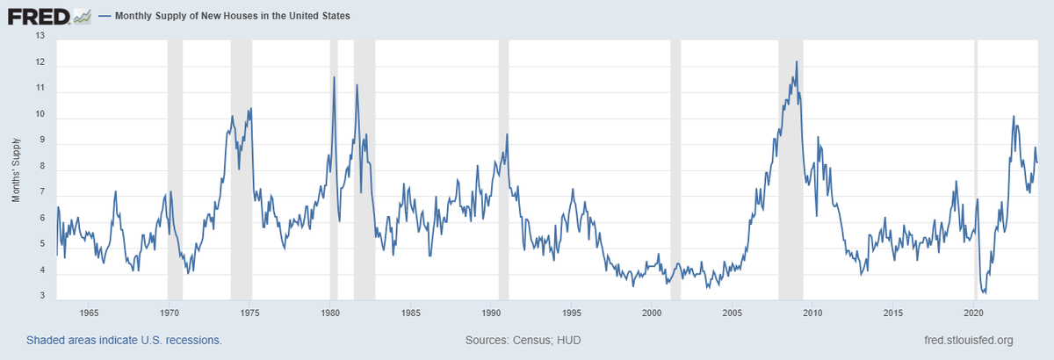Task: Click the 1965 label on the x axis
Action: pyautogui.click(x=88, y=313)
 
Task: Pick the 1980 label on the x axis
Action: pyautogui.click(x=329, y=313)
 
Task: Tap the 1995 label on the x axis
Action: pyautogui.click(x=571, y=313)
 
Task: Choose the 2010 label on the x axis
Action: pyautogui.click(x=812, y=313)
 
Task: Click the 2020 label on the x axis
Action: pyautogui.click(x=973, y=313)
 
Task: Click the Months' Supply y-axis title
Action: pyautogui.click(x=16, y=169)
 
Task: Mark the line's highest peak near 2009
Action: pyautogui.click(x=797, y=61)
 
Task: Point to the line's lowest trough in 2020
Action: pyautogui.click(x=984, y=293)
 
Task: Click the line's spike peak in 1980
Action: pyautogui.click(x=335, y=77)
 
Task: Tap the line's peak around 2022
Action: pyautogui.click(x=1014, y=116)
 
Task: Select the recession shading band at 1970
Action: pyautogui.click(x=175, y=167)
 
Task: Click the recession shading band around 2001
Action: pyautogui.click(x=675, y=167)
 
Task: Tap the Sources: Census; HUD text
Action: pyautogui.click(x=522, y=340)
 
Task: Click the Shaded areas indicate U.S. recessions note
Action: pyautogui.click(x=124, y=340)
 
